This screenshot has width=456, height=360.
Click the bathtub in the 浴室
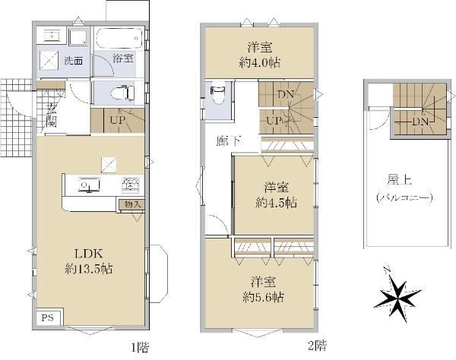[x=119, y=38]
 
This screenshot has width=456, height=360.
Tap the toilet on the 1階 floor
[x=122, y=93]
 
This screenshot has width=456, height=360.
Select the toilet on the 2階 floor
[x=217, y=95]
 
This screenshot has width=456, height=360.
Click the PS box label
[x=47, y=318]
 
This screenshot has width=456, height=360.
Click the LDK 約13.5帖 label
[x=89, y=261]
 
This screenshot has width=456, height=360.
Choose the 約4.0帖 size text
[x=260, y=62]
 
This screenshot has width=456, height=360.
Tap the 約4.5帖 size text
[x=277, y=203]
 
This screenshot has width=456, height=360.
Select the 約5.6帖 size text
[x=264, y=297]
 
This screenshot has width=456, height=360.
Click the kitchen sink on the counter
[x=90, y=185]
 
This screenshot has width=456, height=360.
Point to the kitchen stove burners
[x=131, y=185]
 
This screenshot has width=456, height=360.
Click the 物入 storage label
[x=132, y=204]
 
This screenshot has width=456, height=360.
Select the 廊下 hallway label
[x=228, y=141]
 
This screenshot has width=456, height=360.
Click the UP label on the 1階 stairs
[x=118, y=120]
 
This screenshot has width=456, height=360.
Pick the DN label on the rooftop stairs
[x=421, y=122]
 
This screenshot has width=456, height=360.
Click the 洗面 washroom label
[x=74, y=61]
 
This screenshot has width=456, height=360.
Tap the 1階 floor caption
[x=140, y=346]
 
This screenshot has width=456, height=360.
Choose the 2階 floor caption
[x=317, y=346]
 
